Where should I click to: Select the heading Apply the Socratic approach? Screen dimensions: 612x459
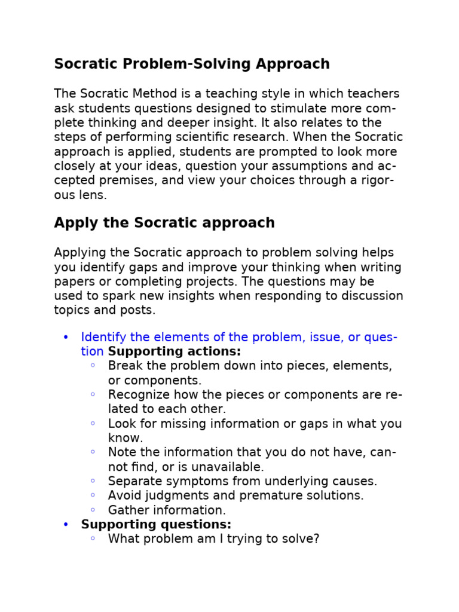point(164,223)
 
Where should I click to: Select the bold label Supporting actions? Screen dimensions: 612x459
point(175,351)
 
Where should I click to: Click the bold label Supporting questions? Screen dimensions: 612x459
point(156,524)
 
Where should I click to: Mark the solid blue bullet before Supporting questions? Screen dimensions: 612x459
point(66,524)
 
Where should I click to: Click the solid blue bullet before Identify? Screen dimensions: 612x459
point(66,337)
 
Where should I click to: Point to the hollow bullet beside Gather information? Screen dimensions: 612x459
point(93,510)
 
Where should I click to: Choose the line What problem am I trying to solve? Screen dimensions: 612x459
point(213,538)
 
